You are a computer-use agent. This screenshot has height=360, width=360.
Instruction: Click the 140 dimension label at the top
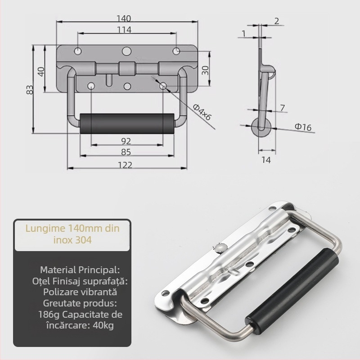[x=124, y=18]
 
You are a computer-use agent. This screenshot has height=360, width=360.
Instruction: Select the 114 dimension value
[x=124, y=30]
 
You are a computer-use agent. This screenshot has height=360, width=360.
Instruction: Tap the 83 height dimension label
[x=30, y=90]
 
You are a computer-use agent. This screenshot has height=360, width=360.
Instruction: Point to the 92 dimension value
[x=126, y=141]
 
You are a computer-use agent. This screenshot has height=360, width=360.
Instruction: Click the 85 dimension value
[x=126, y=152]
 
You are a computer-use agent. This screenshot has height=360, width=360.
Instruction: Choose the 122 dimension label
[x=125, y=165]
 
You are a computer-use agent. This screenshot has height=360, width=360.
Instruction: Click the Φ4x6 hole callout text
[x=202, y=112]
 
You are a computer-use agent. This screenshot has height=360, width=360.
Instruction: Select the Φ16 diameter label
[x=303, y=127]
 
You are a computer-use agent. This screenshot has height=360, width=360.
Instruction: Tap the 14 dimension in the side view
[x=266, y=160]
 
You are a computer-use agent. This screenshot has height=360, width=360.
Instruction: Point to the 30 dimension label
[x=205, y=70]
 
